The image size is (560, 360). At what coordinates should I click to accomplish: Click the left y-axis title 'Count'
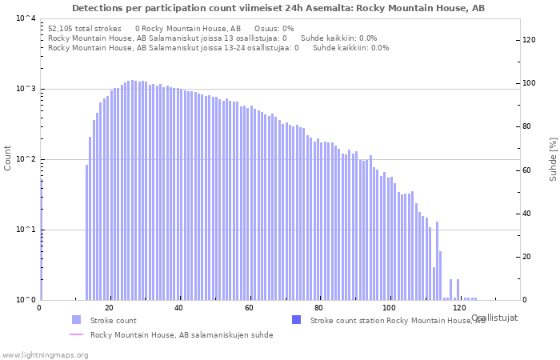coord(8,158)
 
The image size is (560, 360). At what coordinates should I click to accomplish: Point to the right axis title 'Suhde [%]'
coord(552,158)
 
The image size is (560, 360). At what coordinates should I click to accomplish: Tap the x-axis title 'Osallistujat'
coord(494,318)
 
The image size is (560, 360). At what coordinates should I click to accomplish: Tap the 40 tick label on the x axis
coord(179,308)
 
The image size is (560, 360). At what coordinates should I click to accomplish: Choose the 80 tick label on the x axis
coord(319,308)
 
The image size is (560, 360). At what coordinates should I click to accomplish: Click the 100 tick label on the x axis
coord(389,308)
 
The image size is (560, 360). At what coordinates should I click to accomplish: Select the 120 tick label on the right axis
coord(529,40)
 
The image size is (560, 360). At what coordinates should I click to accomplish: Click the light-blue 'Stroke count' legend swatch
coord(76,320)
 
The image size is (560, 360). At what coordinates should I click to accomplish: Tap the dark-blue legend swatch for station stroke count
coord(296,320)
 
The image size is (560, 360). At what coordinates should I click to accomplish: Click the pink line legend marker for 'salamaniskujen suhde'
coord(76,335)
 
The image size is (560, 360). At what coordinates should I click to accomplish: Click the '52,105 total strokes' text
coord(84,28)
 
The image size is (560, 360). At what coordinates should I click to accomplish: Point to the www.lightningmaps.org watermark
coord(44,354)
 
